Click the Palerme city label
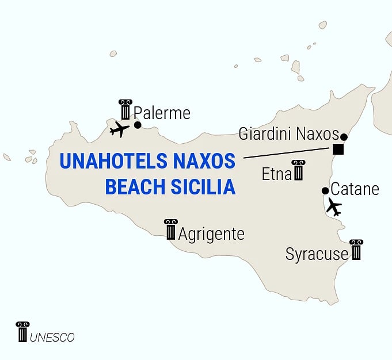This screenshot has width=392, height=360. point(162,113)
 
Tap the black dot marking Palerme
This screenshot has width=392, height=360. point(138,125)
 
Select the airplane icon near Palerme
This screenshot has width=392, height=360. point(119,129)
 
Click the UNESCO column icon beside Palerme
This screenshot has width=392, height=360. point(125,109)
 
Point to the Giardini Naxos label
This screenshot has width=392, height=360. point(288,135)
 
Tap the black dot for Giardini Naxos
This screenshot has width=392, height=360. point(344,137)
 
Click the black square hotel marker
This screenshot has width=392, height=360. point(338,150)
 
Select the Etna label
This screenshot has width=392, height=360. point(276,174)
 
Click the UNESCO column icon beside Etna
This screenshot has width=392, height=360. point(298,170)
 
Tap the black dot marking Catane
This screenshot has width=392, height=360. point(325,191)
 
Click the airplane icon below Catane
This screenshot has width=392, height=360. point(333,206)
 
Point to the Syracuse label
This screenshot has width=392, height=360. point(317,254)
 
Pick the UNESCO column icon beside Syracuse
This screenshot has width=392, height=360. point(356,250)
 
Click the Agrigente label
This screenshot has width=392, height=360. point(211,234)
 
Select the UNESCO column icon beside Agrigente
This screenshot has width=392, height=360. point(170,229)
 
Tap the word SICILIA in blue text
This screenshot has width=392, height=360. point(204,187)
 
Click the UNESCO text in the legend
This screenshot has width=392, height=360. point(52,338)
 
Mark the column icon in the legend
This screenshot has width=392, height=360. point(22,332)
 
